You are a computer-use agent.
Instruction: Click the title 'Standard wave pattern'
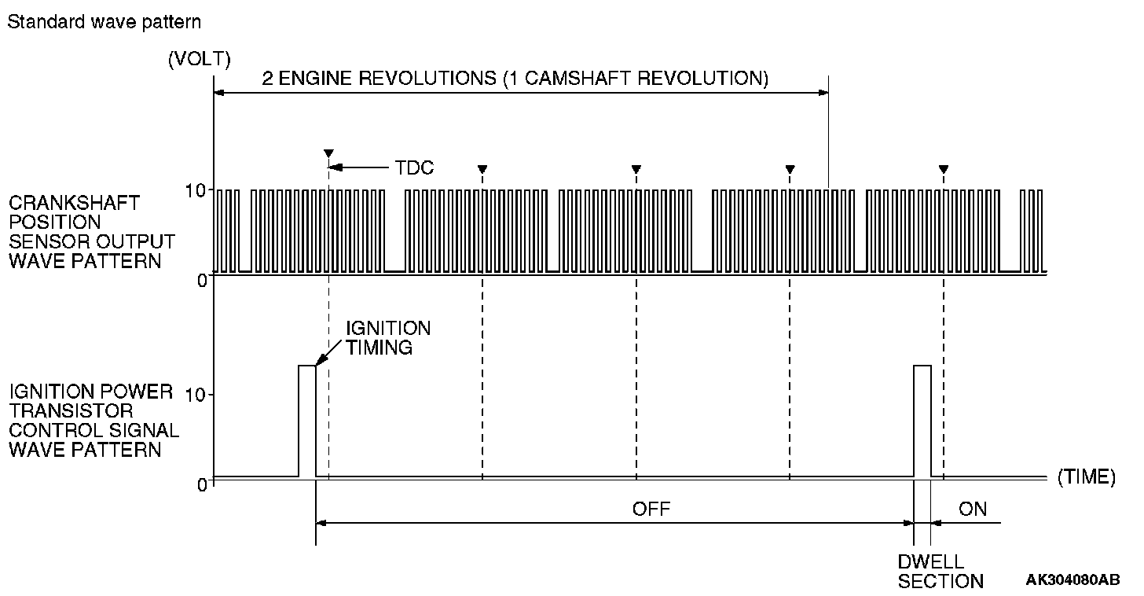click(104, 22)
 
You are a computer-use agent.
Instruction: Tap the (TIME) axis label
click(1086, 476)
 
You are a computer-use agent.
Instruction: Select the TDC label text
click(414, 167)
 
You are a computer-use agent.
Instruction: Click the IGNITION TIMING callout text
click(388, 338)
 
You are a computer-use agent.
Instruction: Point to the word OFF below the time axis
click(651, 509)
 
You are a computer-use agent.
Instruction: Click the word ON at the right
click(973, 509)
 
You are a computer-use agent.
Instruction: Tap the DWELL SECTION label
click(940, 572)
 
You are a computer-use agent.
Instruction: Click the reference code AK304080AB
click(1072, 580)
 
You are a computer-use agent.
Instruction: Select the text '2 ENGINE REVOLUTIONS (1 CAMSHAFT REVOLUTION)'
click(515, 79)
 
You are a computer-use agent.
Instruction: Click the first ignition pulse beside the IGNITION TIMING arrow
click(306, 420)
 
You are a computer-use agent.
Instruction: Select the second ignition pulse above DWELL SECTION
click(922, 420)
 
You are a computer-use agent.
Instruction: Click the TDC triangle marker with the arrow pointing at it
click(328, 153)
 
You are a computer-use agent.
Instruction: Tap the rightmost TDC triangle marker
click(944, 168)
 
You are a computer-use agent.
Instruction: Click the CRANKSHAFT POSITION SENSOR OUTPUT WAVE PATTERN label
click(92, 232)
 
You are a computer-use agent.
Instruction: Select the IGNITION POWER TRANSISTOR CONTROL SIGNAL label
click(93, 421)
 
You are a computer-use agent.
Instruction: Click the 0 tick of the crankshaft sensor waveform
click(201, 279)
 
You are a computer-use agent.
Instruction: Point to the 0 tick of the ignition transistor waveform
click(201, 484)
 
